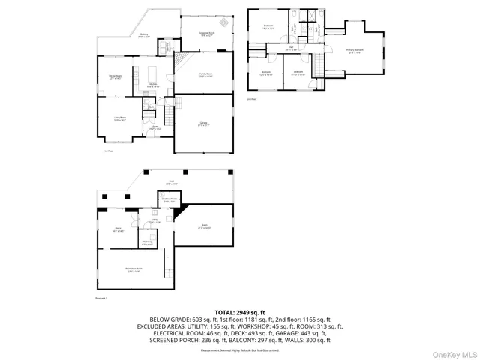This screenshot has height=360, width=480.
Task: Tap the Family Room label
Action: pos(205,74)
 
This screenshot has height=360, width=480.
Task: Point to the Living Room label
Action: pos(119,118)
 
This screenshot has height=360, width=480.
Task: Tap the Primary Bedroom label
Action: pos(354,51)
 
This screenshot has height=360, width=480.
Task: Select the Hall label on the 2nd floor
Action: pos(290,49)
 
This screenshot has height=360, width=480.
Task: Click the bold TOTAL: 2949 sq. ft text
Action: pos(240,311)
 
